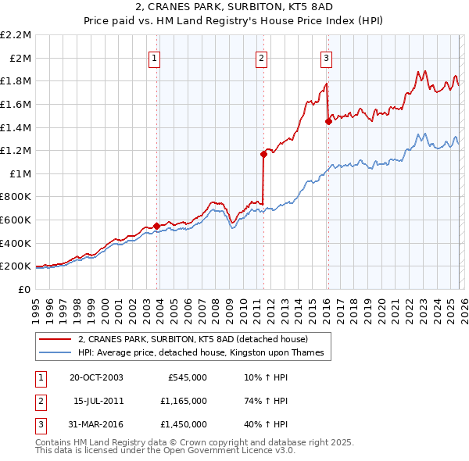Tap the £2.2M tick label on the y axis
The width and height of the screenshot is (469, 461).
coord(16,35)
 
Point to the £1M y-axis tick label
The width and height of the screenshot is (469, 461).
coord(20,173)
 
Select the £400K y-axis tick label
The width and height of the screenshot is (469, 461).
coord(16,243)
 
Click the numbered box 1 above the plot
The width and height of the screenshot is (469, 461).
coord(154,57)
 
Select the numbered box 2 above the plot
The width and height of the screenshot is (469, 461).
coord(261,57)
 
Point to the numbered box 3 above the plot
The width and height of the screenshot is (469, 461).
coord(326,57)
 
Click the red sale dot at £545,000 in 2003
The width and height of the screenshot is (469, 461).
coord(157,226)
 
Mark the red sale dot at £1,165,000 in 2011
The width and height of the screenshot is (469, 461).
coord(263,155)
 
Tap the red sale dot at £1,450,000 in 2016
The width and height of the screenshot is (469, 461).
coord(328,121)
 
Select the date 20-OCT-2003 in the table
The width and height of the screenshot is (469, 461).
coord(95,377)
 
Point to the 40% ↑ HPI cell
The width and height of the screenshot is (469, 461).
coord(265,424)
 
